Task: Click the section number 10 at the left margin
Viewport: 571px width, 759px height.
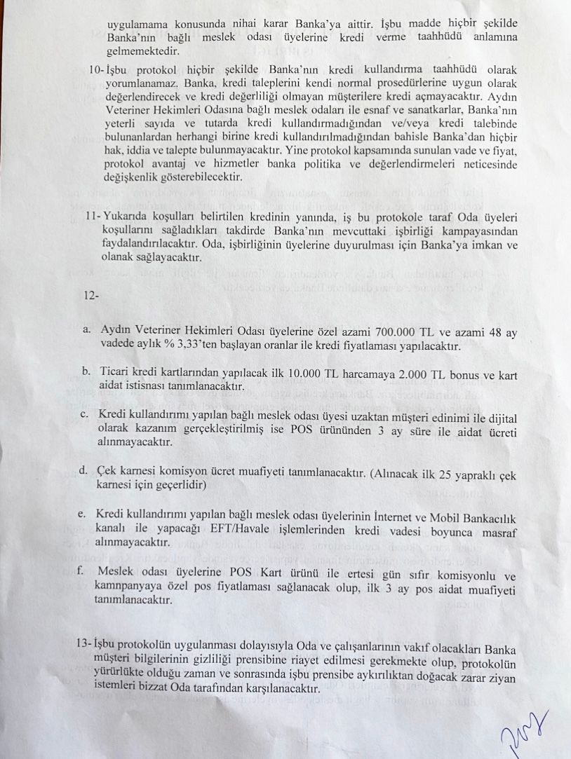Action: [x=96, y=71]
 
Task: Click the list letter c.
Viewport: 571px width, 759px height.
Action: [x=83, y=414]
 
